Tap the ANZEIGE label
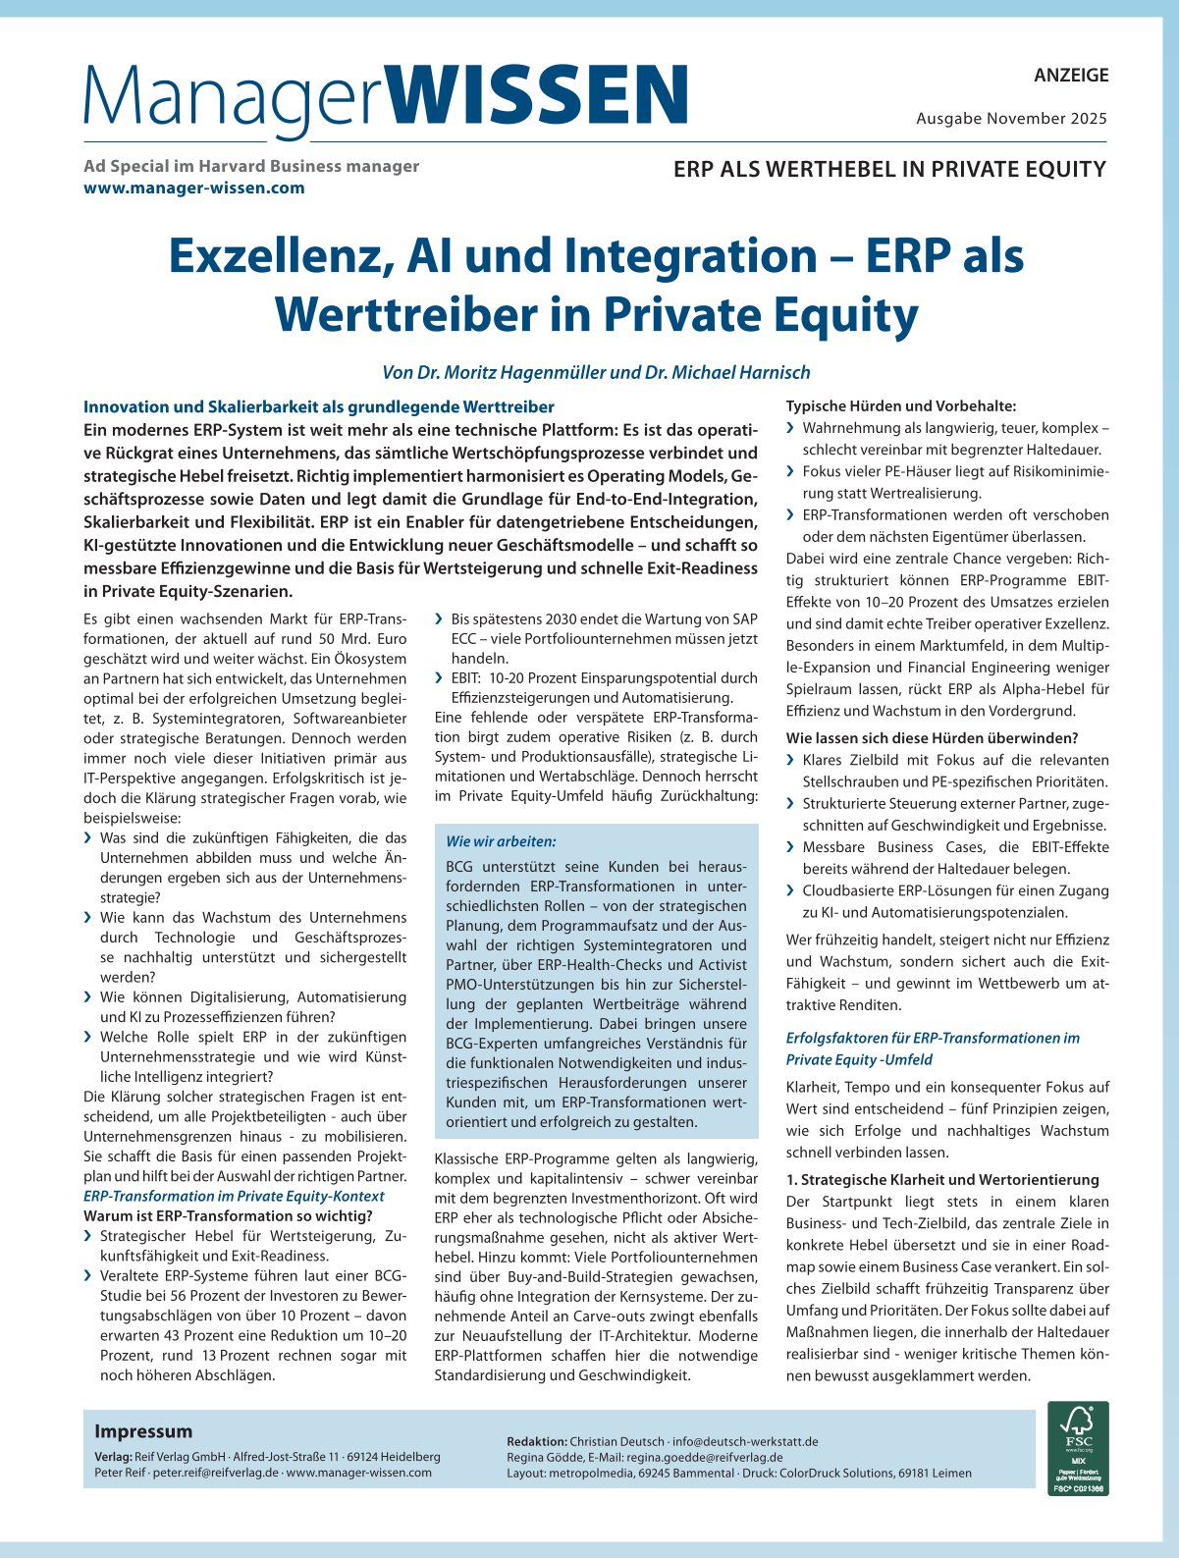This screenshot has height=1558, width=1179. [x=1071, y=75]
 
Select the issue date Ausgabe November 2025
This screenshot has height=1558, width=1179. [x=1011, y=119]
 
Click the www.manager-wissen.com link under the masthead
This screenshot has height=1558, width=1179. [x=194, y=188]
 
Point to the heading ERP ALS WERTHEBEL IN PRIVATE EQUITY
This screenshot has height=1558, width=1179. [x=889, y=169]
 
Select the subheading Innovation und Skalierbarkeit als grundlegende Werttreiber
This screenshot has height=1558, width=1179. [x=319, y=406]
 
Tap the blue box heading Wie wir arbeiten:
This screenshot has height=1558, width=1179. [x=501, y=841]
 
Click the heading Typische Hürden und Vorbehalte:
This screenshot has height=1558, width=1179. [x=901, y=405]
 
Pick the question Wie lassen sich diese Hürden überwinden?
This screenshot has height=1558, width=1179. [x=932, y=737]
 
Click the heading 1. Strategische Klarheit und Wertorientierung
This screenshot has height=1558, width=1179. [x=942, y=1179]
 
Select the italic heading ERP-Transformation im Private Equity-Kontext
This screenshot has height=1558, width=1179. [x=234, y=1196]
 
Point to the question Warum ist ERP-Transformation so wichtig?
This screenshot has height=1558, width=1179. [x=228, y=1216]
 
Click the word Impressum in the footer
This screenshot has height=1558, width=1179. [x=143, y=1430]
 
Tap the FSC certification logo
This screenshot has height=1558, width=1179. [x=1078, y=1448]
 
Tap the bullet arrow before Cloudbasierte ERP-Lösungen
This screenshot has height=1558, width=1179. [x=791, y=890]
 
